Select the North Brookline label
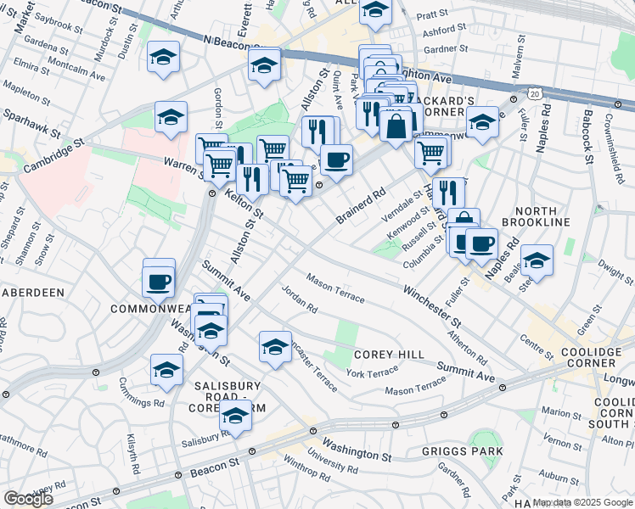pos(529,216)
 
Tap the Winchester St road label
pos(432,308)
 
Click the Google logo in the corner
pos(29,498)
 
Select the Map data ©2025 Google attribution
pos(583,502)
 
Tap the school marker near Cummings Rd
pos(166,369)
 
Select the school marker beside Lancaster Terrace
pos(274,347)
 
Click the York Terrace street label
pos(372,373)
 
